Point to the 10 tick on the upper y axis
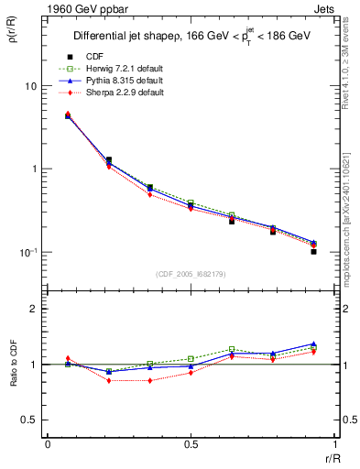(x=31, y=86)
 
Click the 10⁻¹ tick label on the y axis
(x=28, y=251)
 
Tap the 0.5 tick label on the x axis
(x=191, y=444)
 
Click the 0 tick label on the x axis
(x=48, y=444)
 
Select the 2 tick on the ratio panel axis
(x=34, y=309)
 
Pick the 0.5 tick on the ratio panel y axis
(x=30, y=420)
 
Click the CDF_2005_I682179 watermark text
(x=191, y=274)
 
